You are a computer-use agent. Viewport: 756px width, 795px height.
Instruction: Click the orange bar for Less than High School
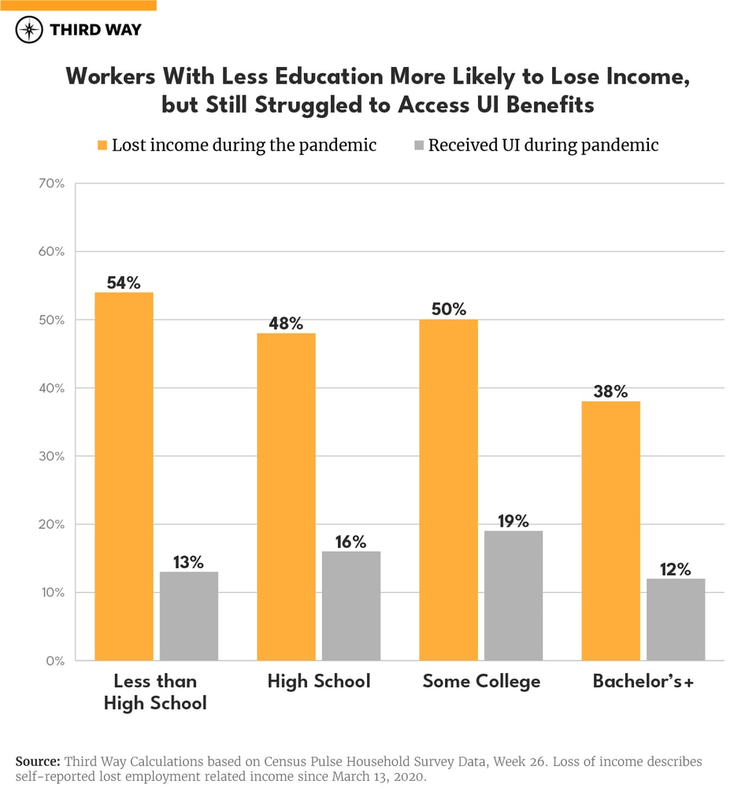point(124,476)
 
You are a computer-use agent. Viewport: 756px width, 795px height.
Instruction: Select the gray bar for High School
point(350,605)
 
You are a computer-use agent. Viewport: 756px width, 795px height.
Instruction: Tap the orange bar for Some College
point(448,490)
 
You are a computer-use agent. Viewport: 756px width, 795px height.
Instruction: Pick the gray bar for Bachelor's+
point(675,619)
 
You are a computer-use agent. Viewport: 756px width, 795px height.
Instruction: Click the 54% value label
point(124,282)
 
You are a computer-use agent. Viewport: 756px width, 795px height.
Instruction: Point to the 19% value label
point(513,521)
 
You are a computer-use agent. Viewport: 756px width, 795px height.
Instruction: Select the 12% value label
point(675,569)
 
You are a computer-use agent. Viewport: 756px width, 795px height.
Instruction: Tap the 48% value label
point(286,324)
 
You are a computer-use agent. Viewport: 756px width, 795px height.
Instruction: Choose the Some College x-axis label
point(481,682)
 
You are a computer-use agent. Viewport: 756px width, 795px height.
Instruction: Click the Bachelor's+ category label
point(643,682)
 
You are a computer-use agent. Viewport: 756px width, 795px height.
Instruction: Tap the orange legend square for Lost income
point(102,146)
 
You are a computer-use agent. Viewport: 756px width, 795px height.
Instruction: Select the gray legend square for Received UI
point(418,146)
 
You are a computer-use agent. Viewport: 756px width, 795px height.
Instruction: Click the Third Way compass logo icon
point(30,30)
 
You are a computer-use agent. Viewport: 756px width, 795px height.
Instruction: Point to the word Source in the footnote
point(37,762)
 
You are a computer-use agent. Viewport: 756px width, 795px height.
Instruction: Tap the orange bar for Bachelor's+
point(610,531)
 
